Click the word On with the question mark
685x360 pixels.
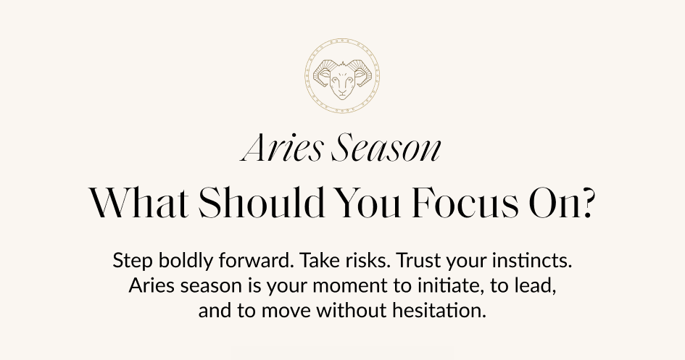coord(568,204)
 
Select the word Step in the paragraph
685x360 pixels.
coord(128,259)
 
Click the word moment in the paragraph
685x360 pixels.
coord(354,286)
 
